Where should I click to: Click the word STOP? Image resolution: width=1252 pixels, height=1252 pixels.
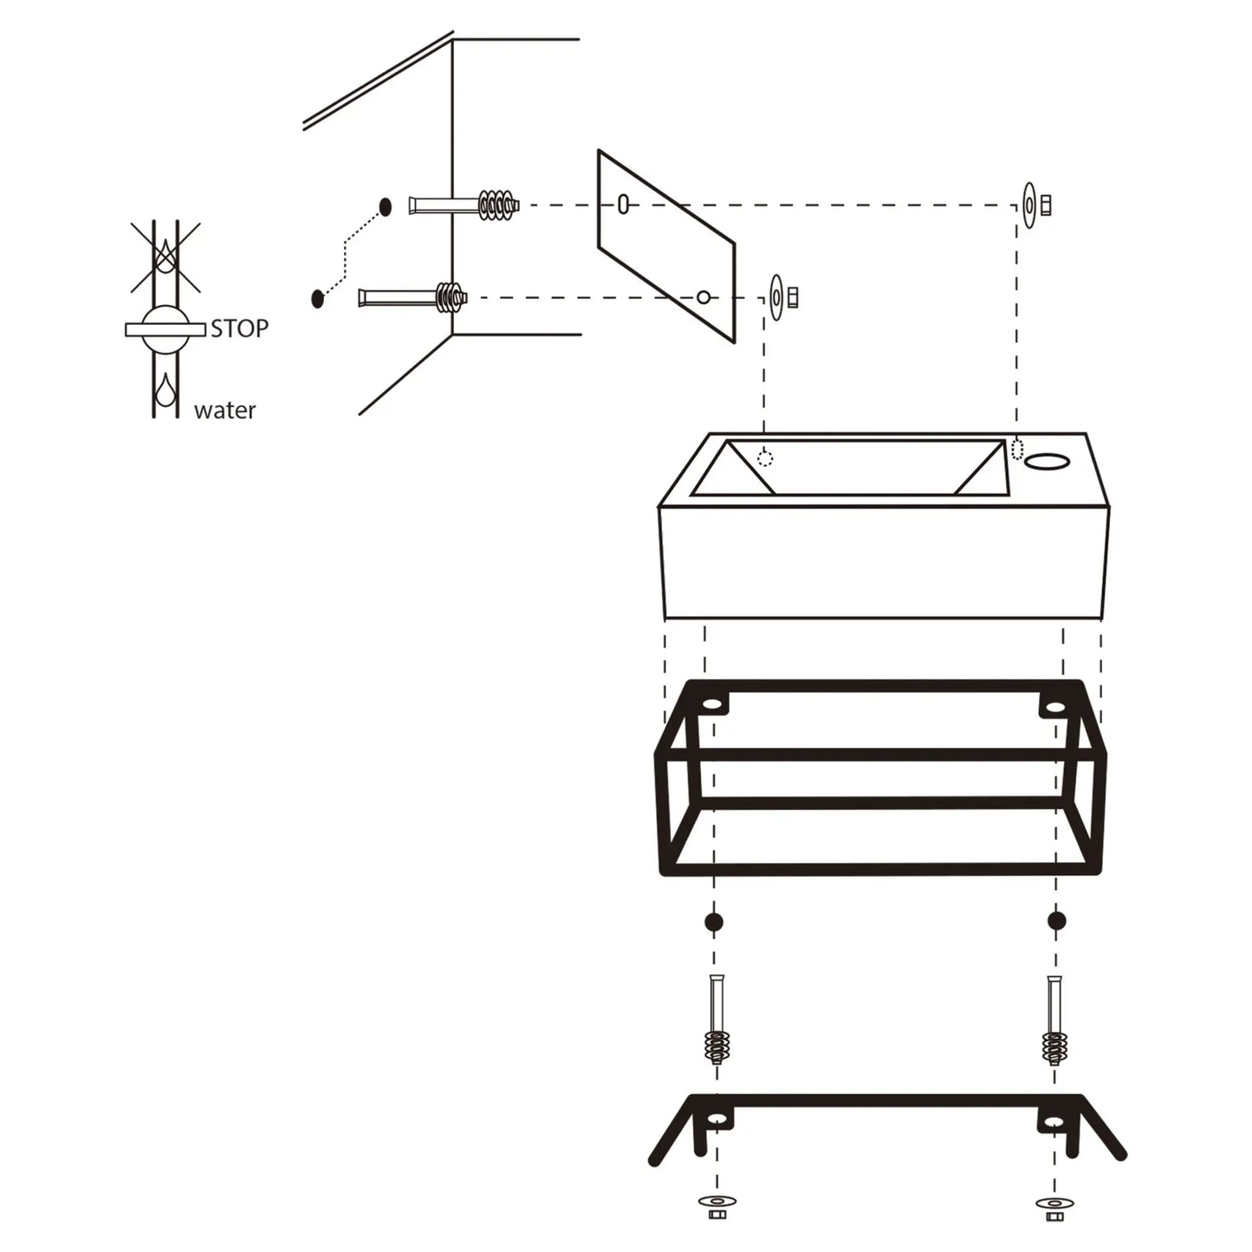click(240, 328)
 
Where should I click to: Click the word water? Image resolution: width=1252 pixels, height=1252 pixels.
click(224, 410)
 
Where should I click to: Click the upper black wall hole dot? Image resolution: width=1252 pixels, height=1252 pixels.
click(386, 206)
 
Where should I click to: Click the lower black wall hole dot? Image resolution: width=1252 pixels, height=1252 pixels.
click(317, 298)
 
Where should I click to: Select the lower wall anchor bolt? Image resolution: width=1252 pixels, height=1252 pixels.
click(413, 298)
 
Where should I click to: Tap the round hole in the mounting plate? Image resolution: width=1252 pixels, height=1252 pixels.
click(704, 297)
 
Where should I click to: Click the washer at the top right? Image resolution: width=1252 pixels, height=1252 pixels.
click(1028, 205)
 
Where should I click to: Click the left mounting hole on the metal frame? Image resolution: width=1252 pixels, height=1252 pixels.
click(713, 705)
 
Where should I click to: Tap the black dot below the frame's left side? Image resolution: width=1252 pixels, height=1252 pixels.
click(714, 921)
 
